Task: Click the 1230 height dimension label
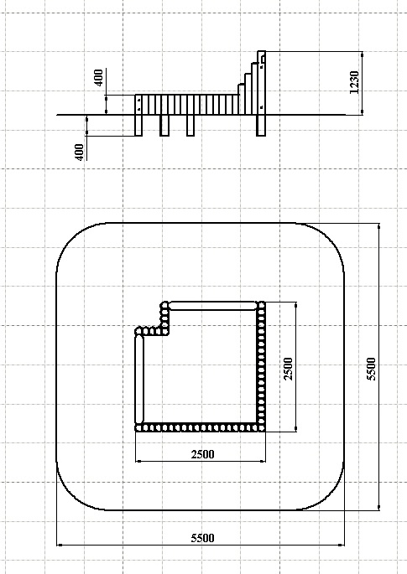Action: click(354, 82)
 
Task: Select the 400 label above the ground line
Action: click(99, 78)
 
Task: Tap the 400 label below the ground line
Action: click(80, 152)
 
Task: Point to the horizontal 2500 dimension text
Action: click(202, 454)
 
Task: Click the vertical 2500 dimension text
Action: click(289, 369)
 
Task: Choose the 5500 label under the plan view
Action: click(202, 538)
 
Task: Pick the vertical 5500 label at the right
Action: click(372, 369)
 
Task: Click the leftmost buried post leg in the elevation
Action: click(138, 125)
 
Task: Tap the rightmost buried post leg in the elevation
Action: click(261, 125)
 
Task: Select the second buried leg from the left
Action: click(164, 125)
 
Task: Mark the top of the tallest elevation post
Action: click(262, 52)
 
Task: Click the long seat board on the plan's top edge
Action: click(212, 306)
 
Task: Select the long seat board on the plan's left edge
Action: click(139, 379)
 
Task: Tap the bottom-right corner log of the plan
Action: click(262, 427)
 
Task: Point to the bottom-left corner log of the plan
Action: click(138, 427)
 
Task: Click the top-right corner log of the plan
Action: click(262, 305)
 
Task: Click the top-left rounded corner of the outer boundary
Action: click(72, 239)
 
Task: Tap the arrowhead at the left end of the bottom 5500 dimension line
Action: click(60, 545)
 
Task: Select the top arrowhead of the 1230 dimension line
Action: click(363, 54)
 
